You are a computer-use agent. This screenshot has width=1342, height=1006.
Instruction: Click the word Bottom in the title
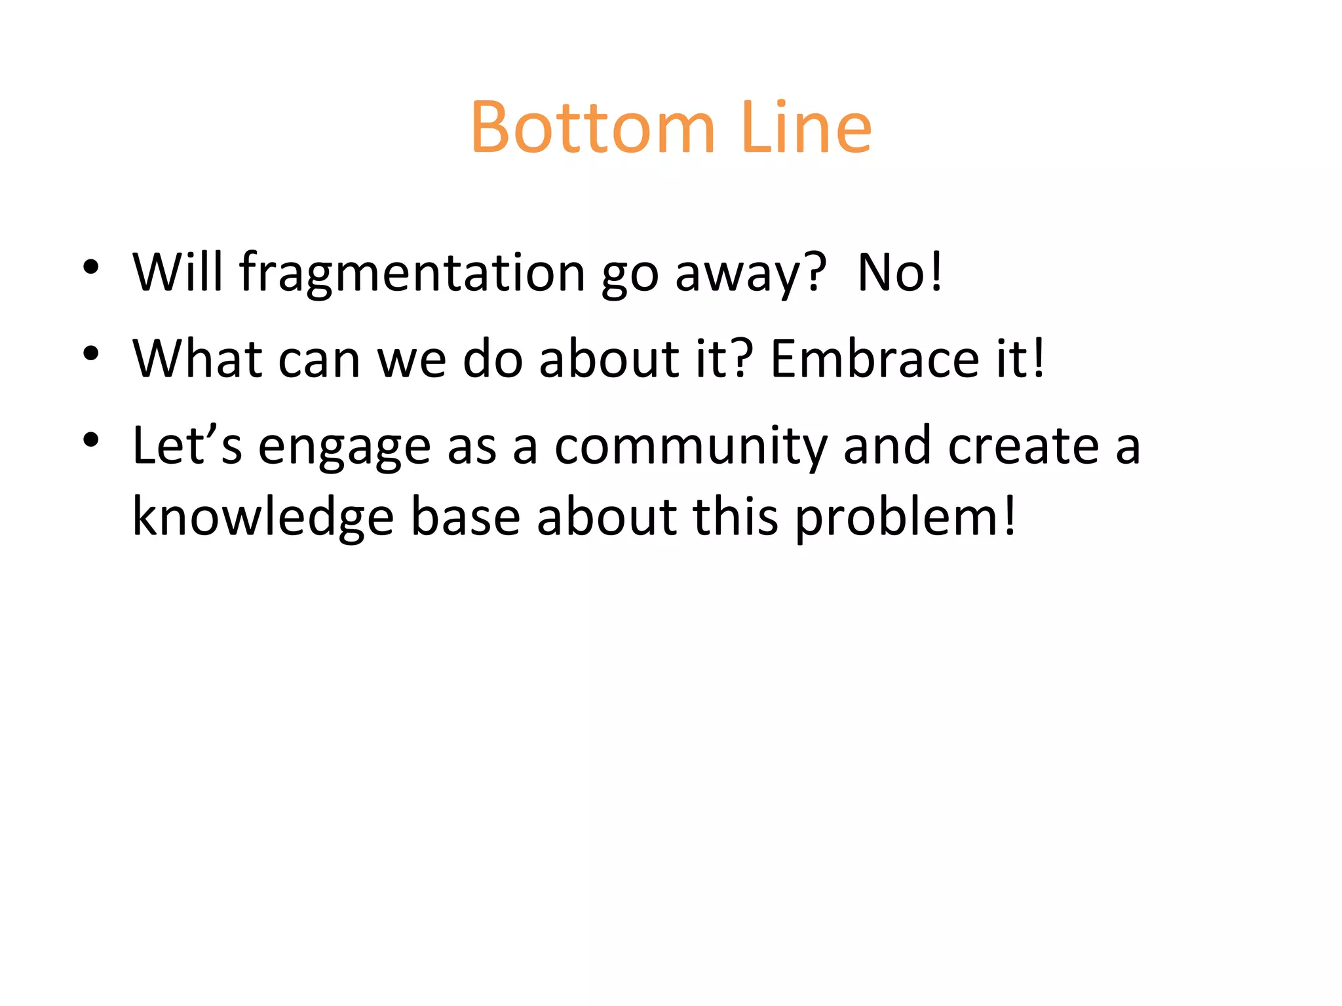(x=592, y=128)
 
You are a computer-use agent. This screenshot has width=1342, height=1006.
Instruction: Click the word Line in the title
(x=807, y=128)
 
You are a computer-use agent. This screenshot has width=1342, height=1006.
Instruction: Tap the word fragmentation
(x=412, y=272)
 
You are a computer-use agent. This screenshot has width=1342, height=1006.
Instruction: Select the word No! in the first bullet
(x=900, y=272)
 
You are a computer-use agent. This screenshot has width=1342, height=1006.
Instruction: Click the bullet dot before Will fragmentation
(x=91, y=267)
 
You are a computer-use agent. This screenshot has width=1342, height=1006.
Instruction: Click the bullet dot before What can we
(x=91, y=354)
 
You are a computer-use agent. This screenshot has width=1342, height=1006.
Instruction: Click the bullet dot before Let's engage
(x=91, y=440)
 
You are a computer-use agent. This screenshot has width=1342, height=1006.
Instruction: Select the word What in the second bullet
(x=197, y=359)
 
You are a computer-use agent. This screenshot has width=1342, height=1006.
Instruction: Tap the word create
(x=1023, y=447)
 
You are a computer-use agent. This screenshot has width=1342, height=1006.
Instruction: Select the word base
(x=465, y=517)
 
